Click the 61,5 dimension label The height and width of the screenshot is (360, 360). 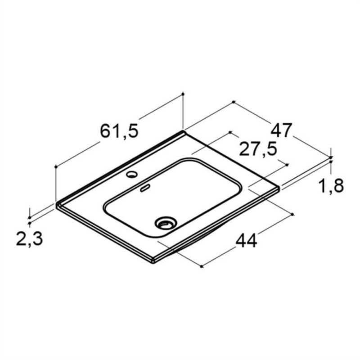(x=119, y=131)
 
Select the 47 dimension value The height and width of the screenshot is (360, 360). (x=281, y=130)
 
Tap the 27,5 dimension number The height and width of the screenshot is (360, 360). (x=258, y=149)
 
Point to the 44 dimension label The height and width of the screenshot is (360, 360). (x=246, y=240)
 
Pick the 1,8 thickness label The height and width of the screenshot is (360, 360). (x=331, y=186)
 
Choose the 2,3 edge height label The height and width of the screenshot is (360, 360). (x=29, y=239)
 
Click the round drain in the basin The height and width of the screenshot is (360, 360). (x=166, y=222)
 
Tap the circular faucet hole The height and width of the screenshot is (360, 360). (x=131, y=175)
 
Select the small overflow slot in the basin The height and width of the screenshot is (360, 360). (x=145, y=188)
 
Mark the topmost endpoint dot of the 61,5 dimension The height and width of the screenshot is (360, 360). (x=183, y=94)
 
